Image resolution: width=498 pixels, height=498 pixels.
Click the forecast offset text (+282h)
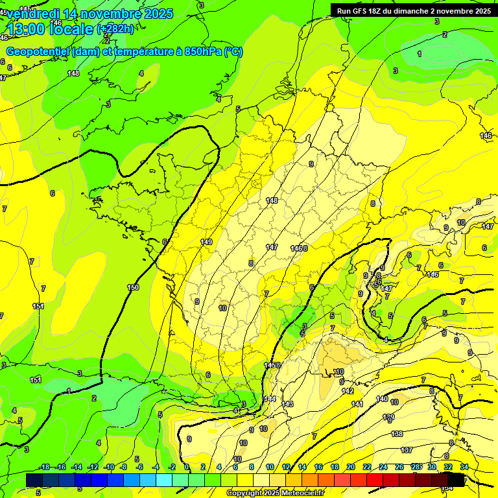point(115,29)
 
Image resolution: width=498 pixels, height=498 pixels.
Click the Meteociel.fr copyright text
point(274,493)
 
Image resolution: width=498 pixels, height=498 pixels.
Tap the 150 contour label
point(133,287)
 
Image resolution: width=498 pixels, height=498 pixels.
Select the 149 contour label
point(206,242)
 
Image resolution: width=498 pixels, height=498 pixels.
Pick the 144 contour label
point(270,399)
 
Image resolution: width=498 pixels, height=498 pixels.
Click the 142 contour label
point(348,391)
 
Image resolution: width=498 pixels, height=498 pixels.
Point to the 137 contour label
point(407,450)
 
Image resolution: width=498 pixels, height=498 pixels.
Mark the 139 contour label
point(388,417)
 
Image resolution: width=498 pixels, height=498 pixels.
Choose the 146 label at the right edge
point(486,136)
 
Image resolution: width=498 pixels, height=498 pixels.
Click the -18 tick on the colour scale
point(45,467)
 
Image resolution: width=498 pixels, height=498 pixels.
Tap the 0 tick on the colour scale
point(187,467)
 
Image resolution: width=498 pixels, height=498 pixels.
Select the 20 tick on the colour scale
point(351,467)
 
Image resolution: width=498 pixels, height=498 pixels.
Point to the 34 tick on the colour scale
point(464,467)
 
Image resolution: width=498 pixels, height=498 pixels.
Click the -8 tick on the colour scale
point(123,467)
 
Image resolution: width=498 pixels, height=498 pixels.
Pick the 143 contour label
point(287,404)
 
